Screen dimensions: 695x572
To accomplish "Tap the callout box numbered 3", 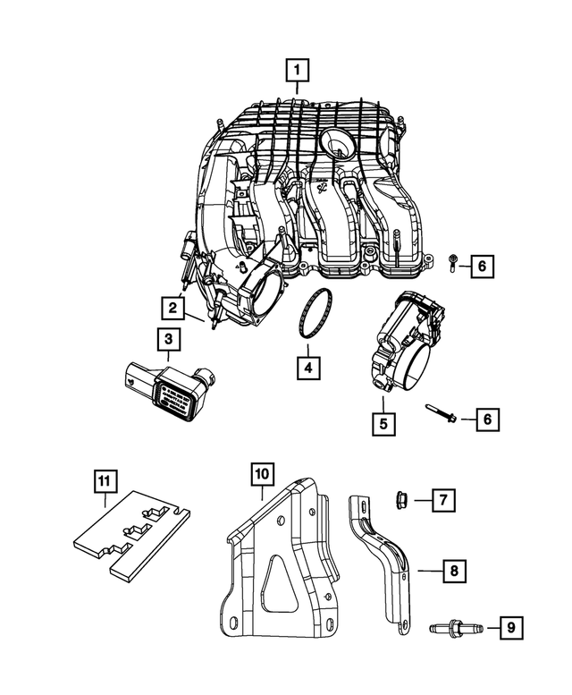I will tap(167, 339).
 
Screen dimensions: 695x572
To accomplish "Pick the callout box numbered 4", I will tap(307, 367).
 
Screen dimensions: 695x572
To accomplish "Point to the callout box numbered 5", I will tap(383, 421).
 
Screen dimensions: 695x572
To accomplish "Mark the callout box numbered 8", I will tap(453, 569).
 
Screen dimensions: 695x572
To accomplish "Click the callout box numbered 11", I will tap(105, 481).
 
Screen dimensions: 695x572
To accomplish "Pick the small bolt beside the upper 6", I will tap(455, 262).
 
